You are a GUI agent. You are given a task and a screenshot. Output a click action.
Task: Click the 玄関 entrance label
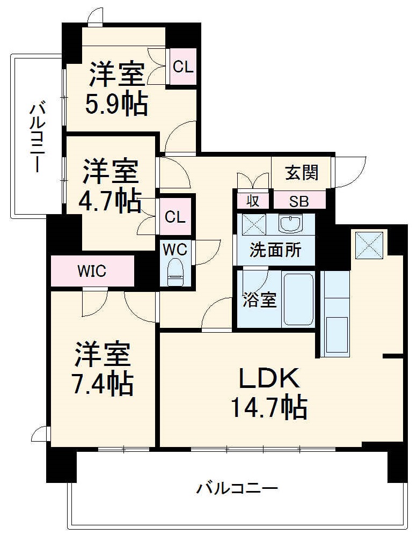coord(301,173)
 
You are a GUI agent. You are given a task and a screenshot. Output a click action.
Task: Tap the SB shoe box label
coord(299,201)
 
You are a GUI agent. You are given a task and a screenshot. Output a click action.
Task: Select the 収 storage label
coord(253,201)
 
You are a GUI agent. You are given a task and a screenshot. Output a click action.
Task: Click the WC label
coord(175,250)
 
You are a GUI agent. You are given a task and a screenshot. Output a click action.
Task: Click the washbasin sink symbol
coord(290,223)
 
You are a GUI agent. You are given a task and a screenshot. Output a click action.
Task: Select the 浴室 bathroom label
coord(260,301)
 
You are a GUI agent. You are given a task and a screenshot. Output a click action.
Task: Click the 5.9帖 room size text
coord(116,105)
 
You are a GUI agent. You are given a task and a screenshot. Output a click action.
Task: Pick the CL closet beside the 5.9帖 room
coord(183,67)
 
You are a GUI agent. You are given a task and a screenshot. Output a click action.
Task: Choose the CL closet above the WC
coord(175,217)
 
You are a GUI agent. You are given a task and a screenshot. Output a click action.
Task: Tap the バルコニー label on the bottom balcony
coord(237,489)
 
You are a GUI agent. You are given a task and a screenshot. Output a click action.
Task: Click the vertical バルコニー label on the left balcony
coord(36,137)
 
